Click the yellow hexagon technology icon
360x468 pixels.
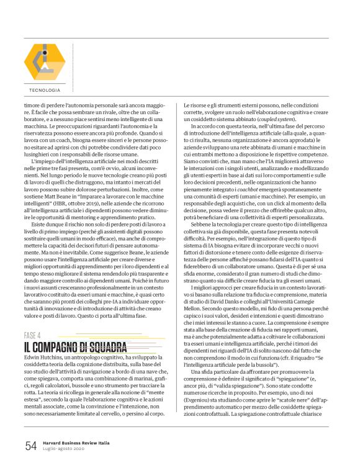[44, 64]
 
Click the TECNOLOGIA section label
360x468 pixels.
[44, 91]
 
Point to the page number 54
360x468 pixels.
[30, 444]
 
